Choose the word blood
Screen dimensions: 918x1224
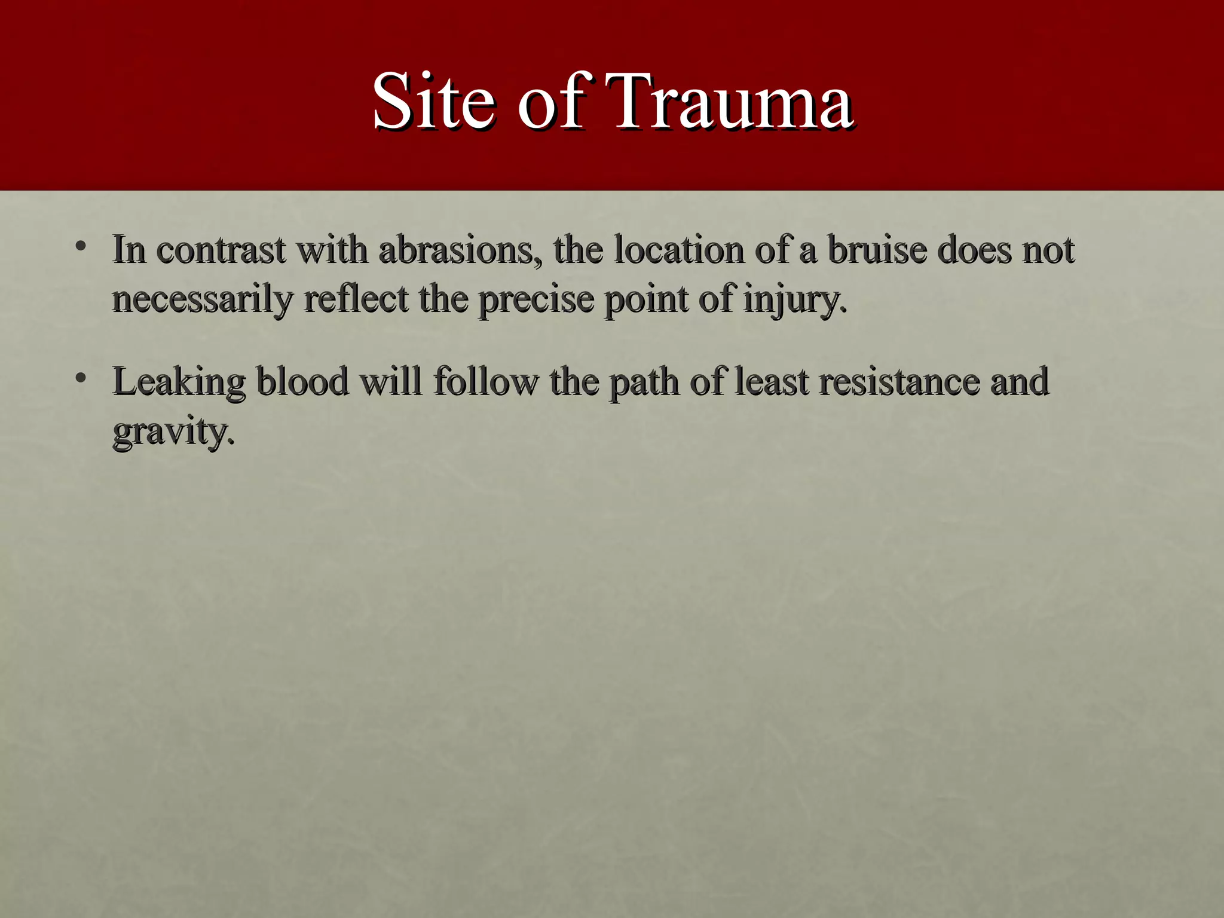[302, 381]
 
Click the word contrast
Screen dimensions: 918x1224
[221, 250]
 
